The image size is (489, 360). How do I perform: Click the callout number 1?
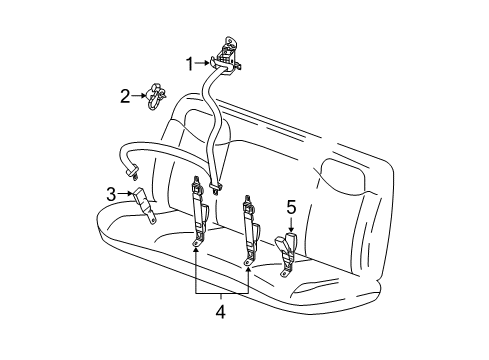tap(189, 64)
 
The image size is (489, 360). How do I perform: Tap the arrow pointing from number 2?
tap(140, 97)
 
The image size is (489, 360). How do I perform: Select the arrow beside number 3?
tap(125, 193)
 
